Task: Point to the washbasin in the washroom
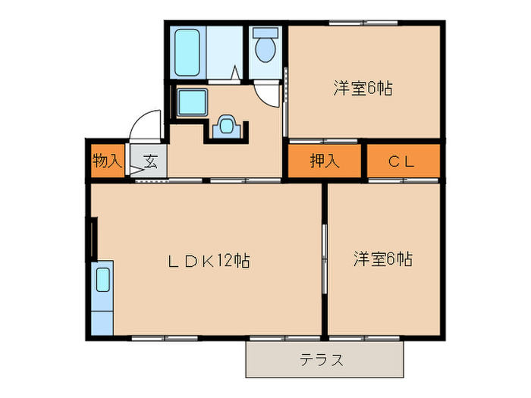point(226,126)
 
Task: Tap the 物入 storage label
point(107,161)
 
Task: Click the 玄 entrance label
point(149,161)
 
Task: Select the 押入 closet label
point(324,161)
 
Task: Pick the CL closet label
point(404,161)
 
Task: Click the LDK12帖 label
point(209,261)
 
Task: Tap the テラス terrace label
point(322,359)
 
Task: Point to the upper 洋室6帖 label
point(362,88)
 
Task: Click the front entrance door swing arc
point(144,123)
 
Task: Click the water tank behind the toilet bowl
point(265,33)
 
